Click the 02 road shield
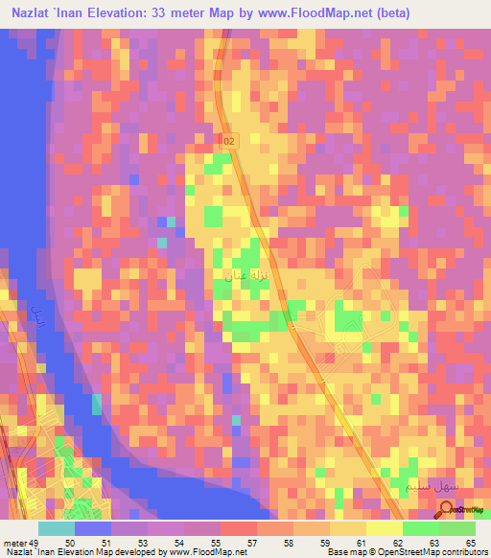(x=227, y=141)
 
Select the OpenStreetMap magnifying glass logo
(x=447, y=509)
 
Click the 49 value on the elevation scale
(x=35, y=543)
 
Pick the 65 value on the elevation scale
(x=472, y=543)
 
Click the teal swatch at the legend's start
(x=57, y=528)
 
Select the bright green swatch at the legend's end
(x=457, y=528)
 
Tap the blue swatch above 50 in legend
(x=93, y=528)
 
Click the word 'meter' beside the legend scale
(x=14, y=543)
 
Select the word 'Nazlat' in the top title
(x=34, y=13)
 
